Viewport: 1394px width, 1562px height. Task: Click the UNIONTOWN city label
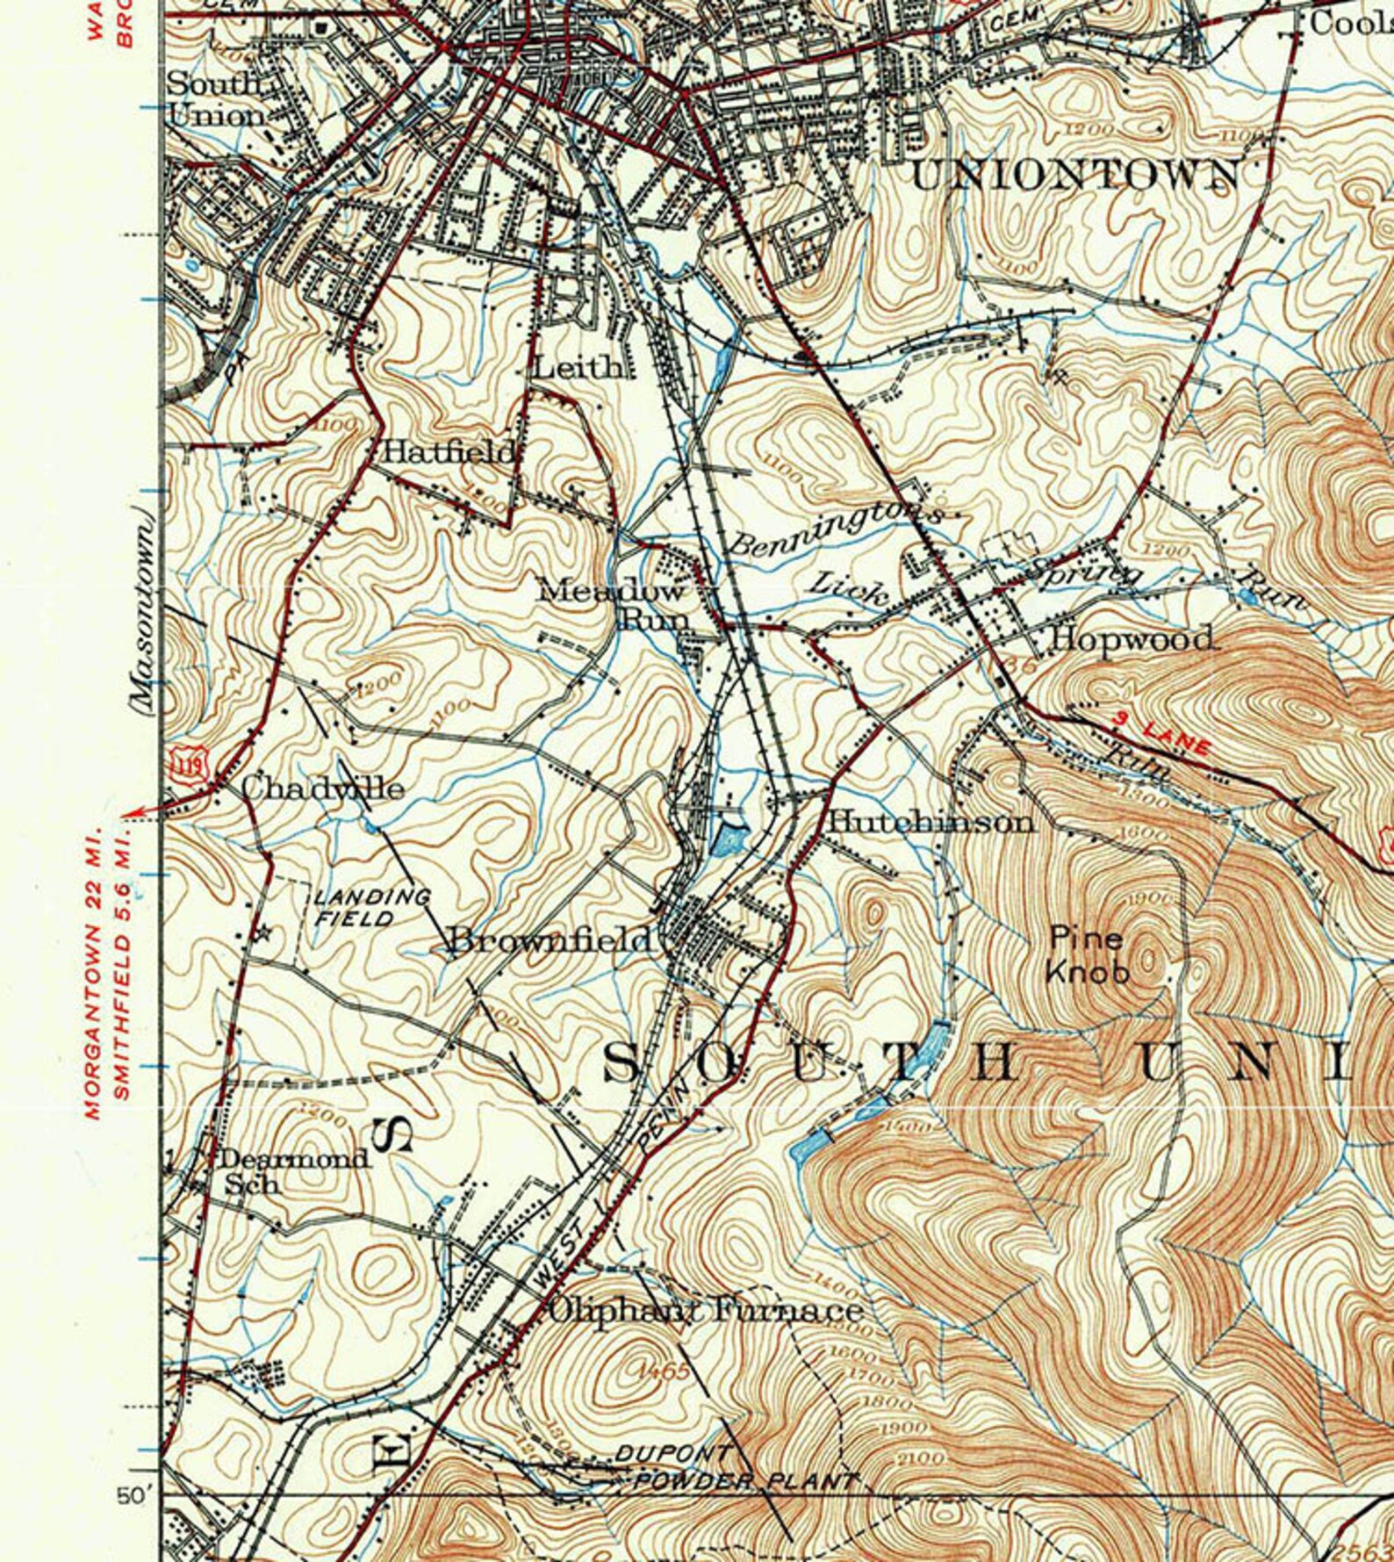1074,175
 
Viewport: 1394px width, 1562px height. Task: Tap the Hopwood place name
1132,638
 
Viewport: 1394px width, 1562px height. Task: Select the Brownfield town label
551,941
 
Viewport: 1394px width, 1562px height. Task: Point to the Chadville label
322,788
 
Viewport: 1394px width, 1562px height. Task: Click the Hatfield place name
449,452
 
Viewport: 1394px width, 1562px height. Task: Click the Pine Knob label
1087,954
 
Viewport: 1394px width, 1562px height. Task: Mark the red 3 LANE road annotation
1161,734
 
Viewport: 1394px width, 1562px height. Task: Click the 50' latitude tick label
136,1495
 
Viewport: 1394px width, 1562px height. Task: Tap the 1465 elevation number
665,1371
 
